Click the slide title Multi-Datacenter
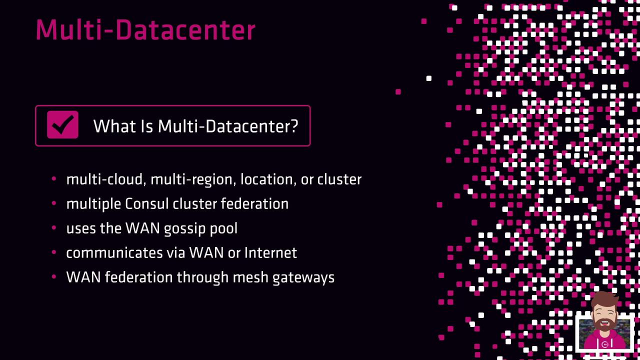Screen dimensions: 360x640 coord(145,30)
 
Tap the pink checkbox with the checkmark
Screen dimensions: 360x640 coord(62,125)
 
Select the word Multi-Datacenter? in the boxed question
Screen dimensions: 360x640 coord(228,126)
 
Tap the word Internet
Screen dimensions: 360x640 coord(270,253)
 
